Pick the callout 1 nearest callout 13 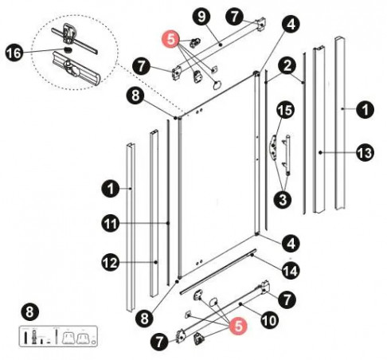(x=362, y=112)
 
